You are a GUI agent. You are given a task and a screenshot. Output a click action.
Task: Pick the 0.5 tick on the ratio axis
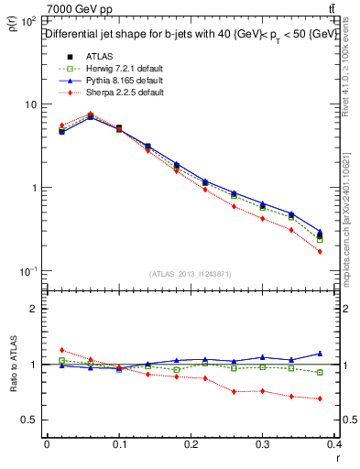[x=32, y=420]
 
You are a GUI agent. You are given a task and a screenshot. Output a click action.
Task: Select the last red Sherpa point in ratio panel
[x=320, y=398]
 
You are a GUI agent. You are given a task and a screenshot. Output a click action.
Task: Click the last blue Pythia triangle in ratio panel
[x=320, y=353]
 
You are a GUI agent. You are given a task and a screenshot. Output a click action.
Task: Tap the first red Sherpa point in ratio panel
[x=61, y=350]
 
